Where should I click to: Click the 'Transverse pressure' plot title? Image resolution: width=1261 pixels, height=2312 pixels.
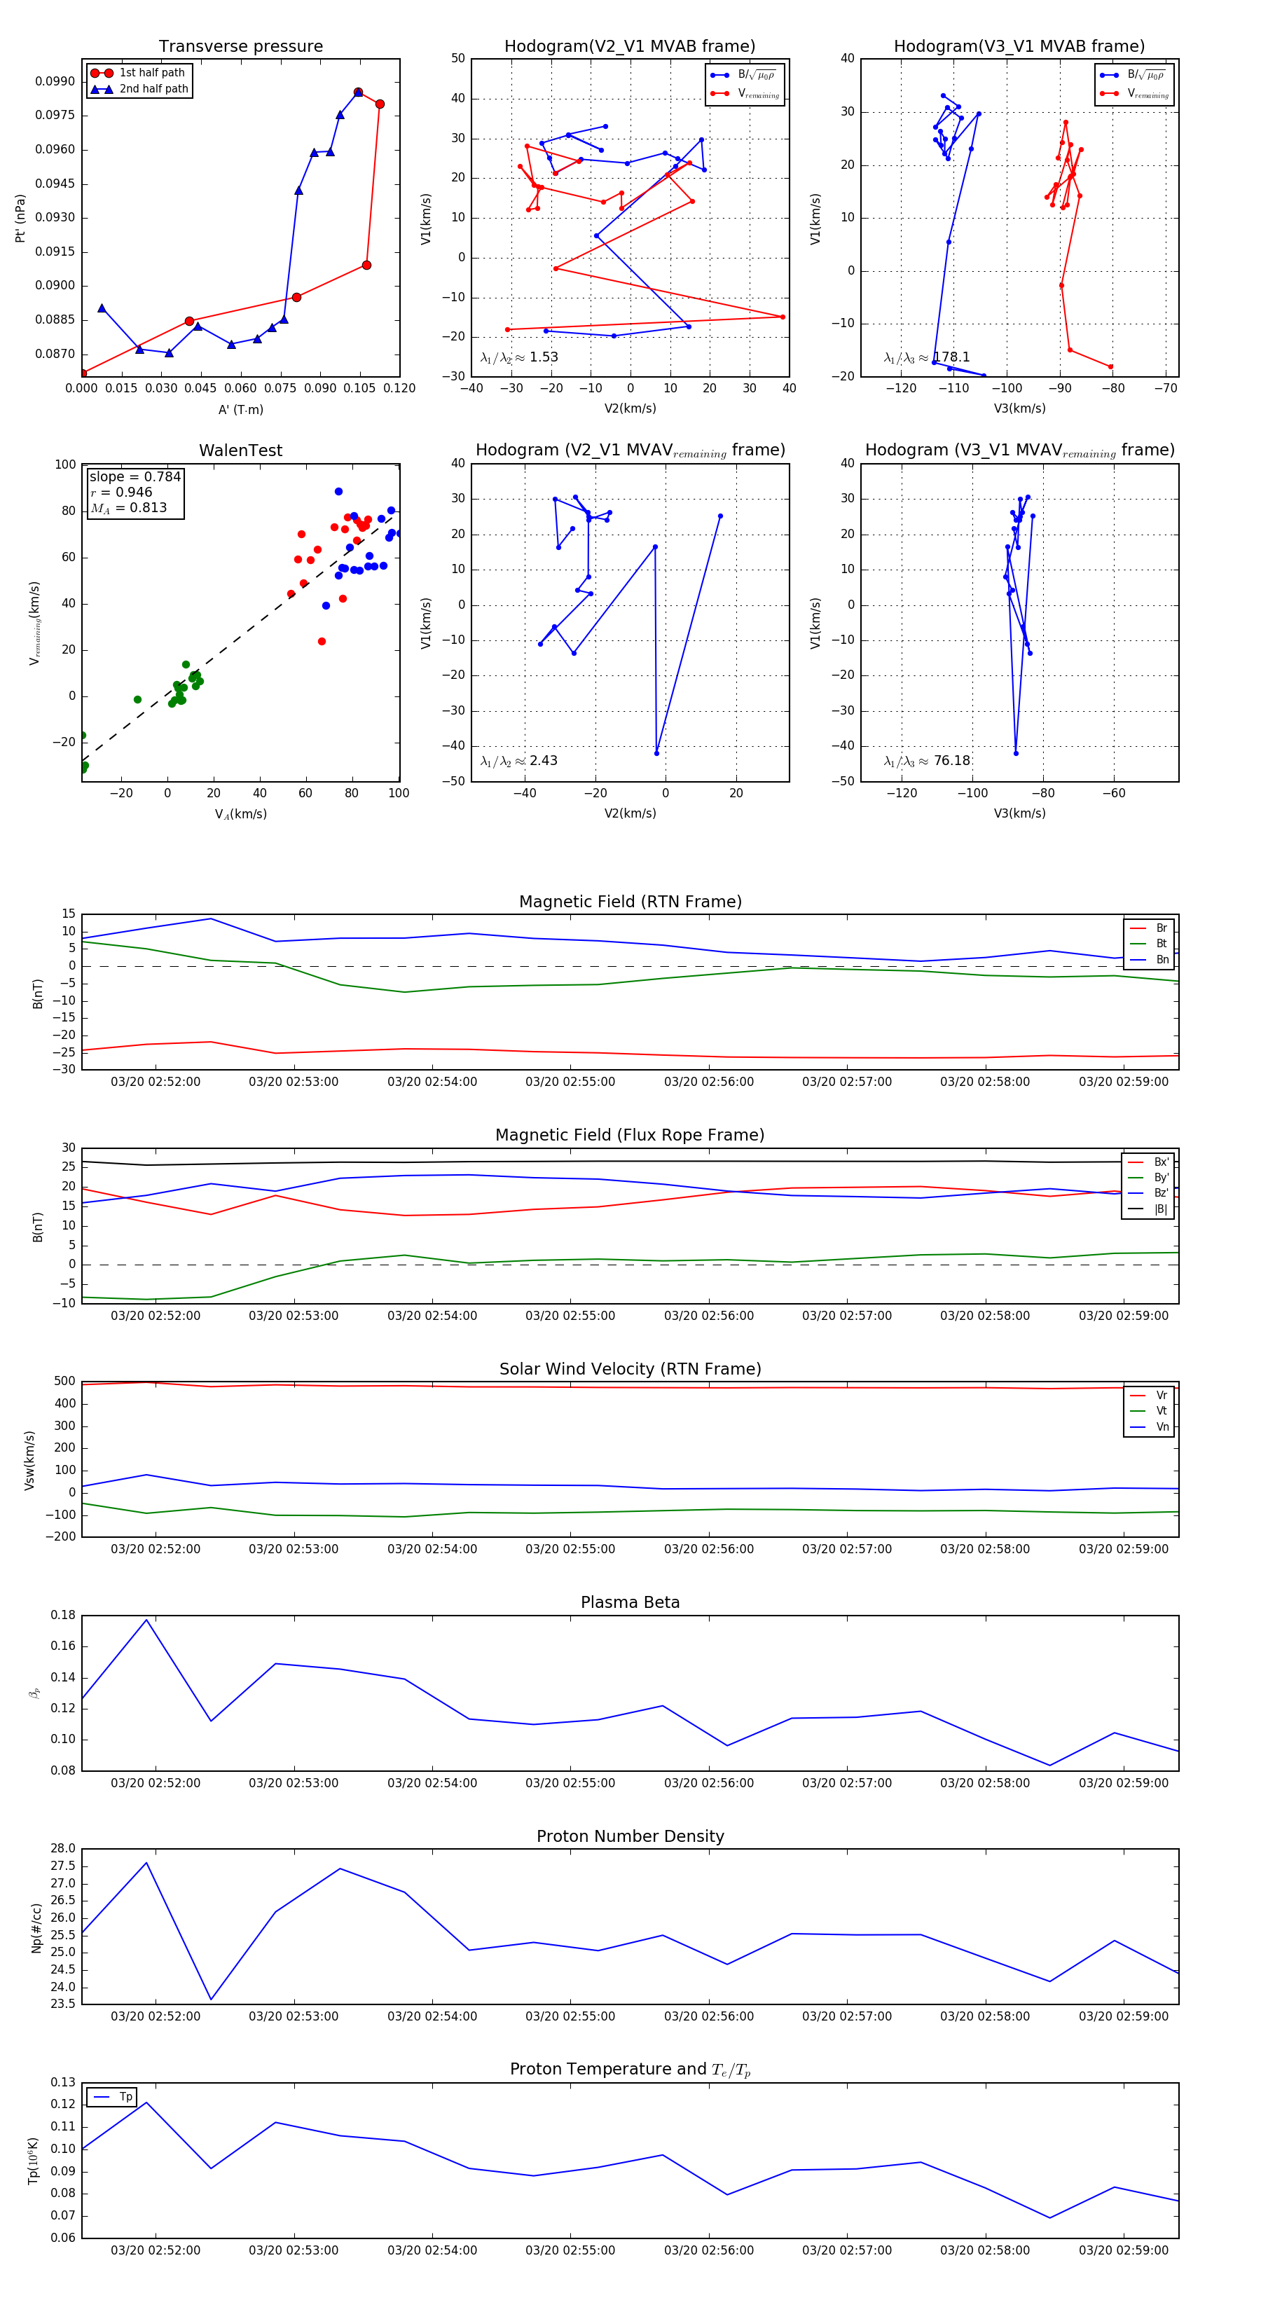pyautogui.click(x=240, y=47)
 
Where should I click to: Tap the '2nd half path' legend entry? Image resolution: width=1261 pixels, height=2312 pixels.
pyautogui.click(x=153, y=89)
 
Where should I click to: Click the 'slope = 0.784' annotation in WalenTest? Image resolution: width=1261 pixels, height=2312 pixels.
pyautogui.click(x=135, y=476)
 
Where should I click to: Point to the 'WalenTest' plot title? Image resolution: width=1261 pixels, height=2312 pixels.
pyautogui.click(x=240, y=450)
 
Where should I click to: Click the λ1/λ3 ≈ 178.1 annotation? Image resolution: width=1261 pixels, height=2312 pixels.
pyautogui.click(x=926, y=357)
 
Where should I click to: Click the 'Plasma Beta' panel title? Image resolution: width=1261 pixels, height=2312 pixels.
pyautogui.click(x=630, y=1603)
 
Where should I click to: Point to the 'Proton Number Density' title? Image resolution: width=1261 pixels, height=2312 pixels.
pyautogui.click(x=630, y=1836)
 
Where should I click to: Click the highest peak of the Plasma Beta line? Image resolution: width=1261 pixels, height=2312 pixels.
pyautogui.click(x=146, y=1620)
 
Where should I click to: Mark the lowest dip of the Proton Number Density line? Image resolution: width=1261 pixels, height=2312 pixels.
pyautogui.click(x=211, y=2000)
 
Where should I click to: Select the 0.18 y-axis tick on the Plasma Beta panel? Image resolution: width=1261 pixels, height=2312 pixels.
pyautogui.click(x=63, y=1616)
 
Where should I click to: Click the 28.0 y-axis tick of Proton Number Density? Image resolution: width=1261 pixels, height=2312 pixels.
pyautogui.click(x=63, y=1849)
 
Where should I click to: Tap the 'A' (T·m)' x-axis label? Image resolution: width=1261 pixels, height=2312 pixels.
pyautogui.click(x=240, y=410)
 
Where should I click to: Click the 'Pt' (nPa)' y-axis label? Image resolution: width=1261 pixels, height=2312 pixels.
pyautogui.click(x=20, y=218)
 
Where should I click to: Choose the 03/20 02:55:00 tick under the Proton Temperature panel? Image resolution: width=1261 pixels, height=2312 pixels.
pyautogui.click(x=570, y=2251)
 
